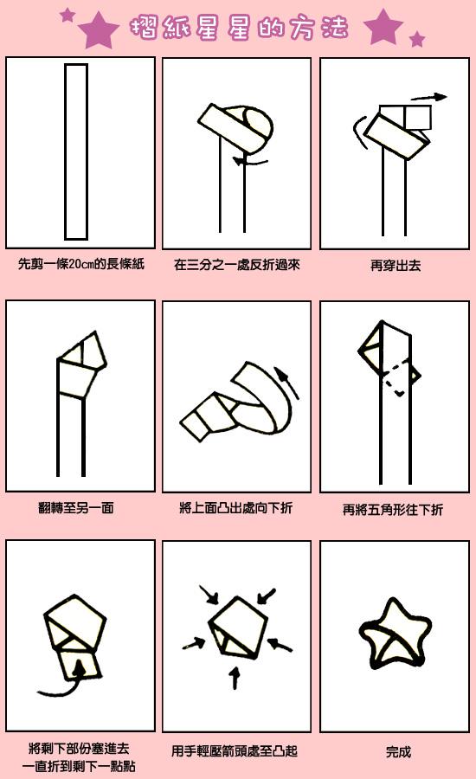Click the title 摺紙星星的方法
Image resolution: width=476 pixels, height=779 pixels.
pyautogui.click(x=238, y=27)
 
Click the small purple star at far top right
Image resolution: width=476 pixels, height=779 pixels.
pyautogui.click(x=417, y=39)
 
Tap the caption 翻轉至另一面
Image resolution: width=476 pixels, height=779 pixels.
pyautogui.click(x=81, y=507)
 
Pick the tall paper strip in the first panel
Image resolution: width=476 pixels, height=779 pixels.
pyautogui.click(x=76, y=151)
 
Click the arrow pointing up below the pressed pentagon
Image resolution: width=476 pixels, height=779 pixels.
pyautogui.click(x=234, y=676)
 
